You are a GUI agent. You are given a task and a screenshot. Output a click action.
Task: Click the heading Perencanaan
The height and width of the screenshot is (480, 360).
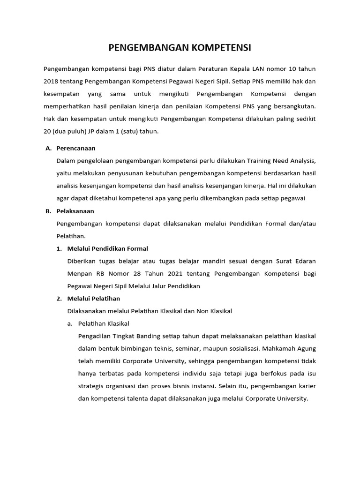(75, 148)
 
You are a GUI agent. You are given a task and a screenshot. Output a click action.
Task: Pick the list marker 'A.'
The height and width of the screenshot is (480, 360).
(48, 148)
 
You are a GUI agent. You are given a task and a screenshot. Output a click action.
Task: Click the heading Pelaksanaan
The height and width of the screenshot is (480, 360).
(75, 211)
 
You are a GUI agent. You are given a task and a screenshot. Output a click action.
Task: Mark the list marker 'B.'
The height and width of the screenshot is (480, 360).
(48, 211)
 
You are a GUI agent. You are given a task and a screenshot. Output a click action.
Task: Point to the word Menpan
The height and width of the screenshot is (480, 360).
(79, 273)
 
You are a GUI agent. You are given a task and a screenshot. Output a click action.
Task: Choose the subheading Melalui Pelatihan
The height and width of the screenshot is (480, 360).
(94, 299)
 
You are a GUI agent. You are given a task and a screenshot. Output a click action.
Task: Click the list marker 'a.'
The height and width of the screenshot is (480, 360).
(70, 323)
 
